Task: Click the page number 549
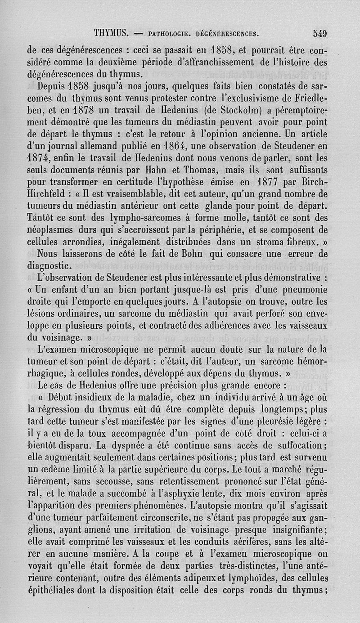[x=320, y=33]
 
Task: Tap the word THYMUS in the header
[x=112, y=33]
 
